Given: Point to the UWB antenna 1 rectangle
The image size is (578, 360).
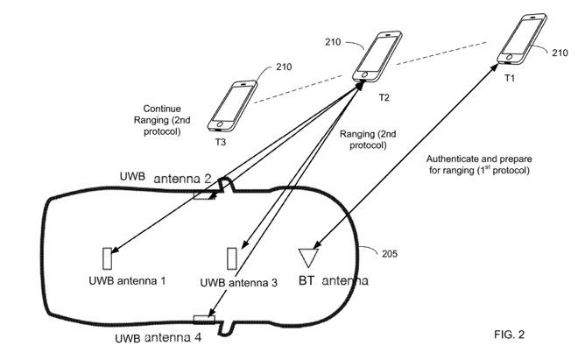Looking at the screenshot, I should pyautogui.click(x=107, y=258).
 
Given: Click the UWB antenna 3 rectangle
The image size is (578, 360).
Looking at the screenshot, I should pyautogui.click(x=232, y=258).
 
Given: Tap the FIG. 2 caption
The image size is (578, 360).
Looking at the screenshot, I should pyautogui.click(x=511, y=334).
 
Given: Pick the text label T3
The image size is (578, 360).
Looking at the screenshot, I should pyautogui.click(x=222, y=140).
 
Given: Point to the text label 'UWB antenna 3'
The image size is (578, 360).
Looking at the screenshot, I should pyautogui.click(x=239, y=282).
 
